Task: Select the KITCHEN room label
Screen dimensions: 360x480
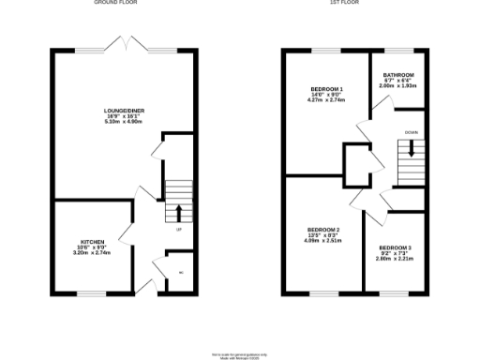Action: (92, 242)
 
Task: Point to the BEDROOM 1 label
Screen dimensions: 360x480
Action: (326, 89)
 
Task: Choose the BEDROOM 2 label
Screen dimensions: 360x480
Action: (323, 230)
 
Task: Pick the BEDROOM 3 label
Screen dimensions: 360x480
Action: (396, 247)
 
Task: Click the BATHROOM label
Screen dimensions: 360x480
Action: (398, 75)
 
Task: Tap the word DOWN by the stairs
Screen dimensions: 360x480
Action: (411, 132)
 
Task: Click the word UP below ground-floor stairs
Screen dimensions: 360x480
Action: (178, 228)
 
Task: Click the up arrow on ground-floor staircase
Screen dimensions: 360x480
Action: (178, 212)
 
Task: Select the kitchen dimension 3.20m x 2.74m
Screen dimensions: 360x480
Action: (92, 253)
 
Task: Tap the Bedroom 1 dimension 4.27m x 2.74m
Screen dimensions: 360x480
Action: (326, 100)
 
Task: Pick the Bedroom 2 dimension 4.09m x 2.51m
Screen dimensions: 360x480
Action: (323, 241)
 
